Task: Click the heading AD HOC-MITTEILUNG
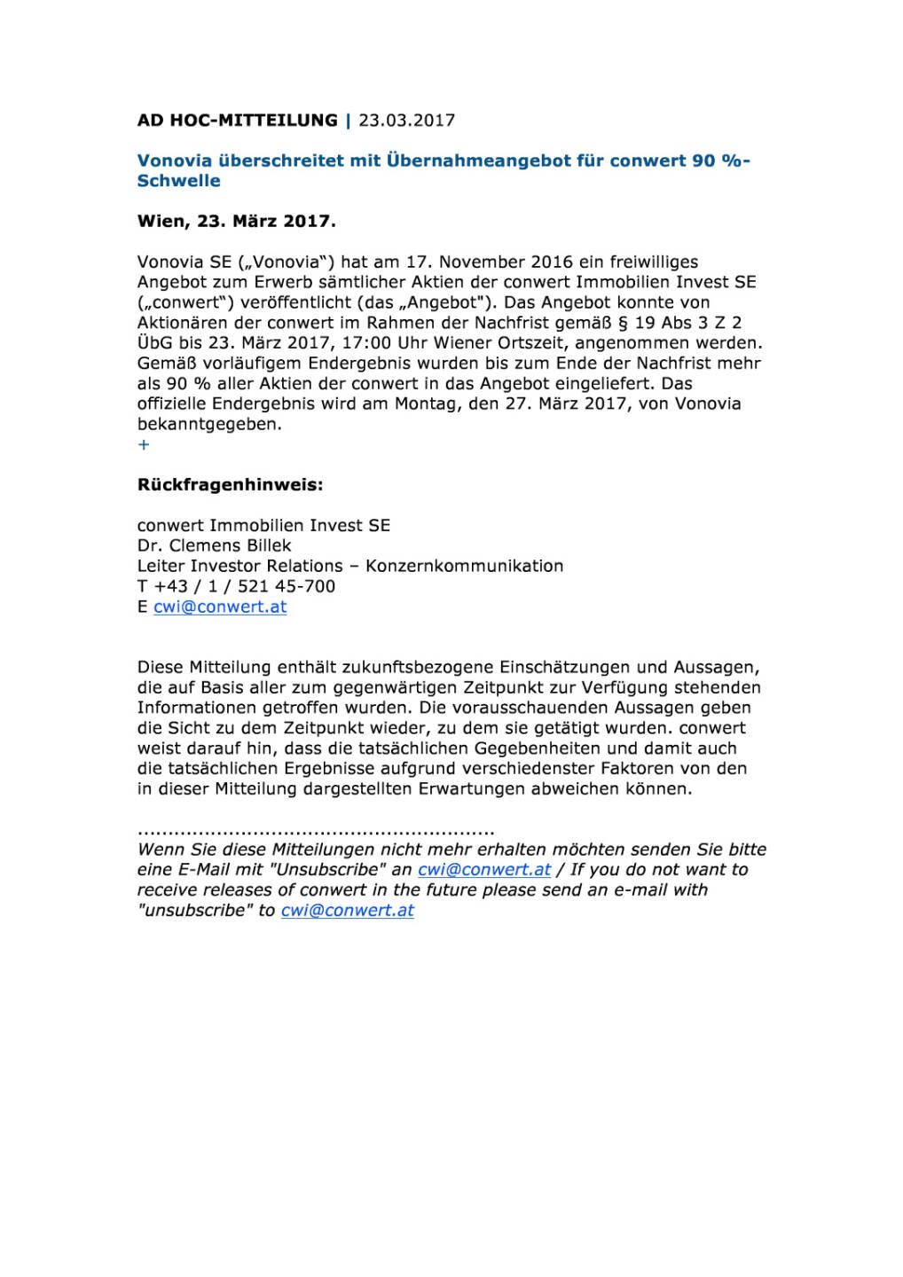tap(237, 121)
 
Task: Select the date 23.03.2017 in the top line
tap(406, 121)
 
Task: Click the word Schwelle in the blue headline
tap(178, 181)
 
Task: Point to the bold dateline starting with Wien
tap(236, 222)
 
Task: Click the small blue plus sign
tap(144, 444)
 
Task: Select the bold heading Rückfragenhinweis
tap(230, 485)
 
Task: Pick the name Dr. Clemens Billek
tap(214, 545)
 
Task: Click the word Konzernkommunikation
tap(464, 566)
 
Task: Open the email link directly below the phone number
tap(220, 607)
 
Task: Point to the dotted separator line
tap(316, 833)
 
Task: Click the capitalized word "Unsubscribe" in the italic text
tap(327, 870)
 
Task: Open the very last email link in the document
tap(347, 911)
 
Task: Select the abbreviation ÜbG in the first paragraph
tap(154, 343)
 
